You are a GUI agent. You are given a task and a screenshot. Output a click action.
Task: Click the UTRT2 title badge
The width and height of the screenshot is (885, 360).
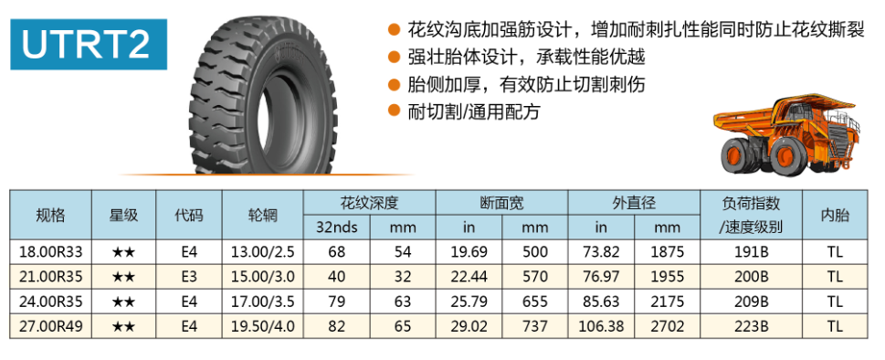[89, 45]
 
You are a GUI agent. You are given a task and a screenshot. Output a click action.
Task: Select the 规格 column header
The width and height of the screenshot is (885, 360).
[51, 215]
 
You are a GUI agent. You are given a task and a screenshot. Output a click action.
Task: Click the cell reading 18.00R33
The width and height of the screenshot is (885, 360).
[51, 251]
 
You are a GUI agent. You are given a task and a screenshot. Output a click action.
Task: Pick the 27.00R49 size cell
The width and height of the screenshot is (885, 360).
[51, 326]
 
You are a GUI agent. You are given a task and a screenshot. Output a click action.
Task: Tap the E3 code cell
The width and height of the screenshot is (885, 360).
[189, 277]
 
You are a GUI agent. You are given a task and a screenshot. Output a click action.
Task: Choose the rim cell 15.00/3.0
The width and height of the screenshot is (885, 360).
[262, 277]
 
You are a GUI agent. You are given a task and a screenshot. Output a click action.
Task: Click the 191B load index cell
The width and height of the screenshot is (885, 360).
[751, 251]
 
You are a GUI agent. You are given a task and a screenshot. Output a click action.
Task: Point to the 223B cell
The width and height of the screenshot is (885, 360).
[751, 326]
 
